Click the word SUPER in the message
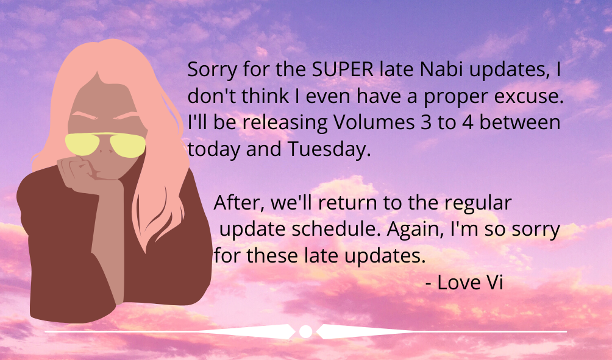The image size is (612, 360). (x=343, y=69)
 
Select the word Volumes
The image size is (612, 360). (x=374, y=122)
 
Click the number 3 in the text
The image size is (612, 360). (x=425, y=122)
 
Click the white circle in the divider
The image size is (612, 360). (x=305, y=331)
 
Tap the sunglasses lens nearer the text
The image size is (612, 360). (x=127, y=146)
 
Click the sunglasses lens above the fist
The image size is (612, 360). (x=82, y=144)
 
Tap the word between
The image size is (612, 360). (x=520, y=122)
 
